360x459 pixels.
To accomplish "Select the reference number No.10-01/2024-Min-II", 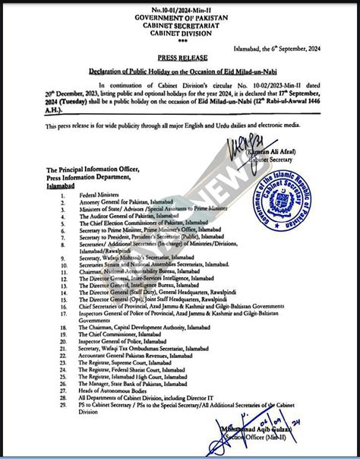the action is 180,6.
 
